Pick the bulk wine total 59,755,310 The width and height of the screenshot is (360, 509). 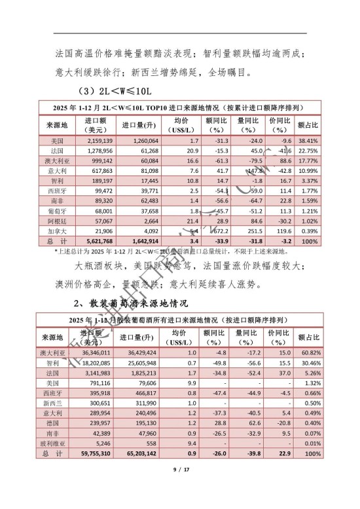tap(98, 453)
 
